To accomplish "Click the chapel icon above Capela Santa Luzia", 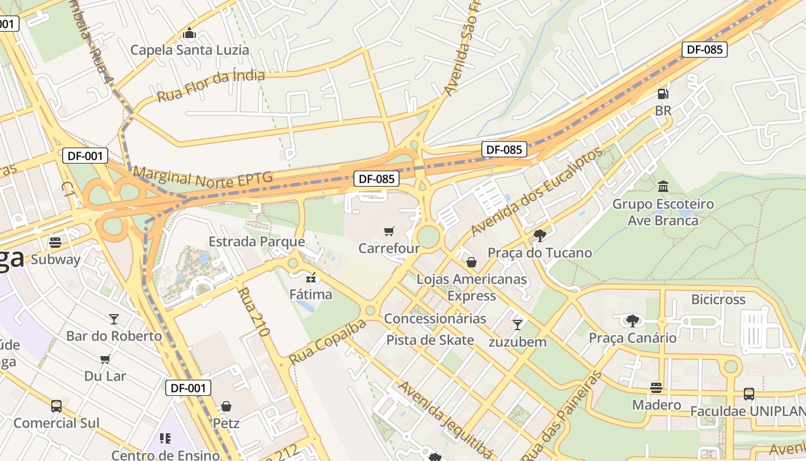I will point(189,33).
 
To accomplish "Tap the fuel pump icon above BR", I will point(663,93).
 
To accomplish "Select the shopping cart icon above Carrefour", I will point(389,232).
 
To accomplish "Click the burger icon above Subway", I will point(55,243).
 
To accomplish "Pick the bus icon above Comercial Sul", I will point(56,406).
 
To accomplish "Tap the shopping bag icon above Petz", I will point(226,406).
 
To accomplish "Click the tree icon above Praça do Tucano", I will point(539,235).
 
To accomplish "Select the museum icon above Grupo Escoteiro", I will point(663,187).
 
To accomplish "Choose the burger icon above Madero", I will point(656,388).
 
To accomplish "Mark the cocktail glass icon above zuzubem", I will point(518,325).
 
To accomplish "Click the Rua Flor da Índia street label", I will point(211,85).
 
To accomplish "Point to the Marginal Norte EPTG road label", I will point(203,176).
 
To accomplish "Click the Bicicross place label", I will point(718,300).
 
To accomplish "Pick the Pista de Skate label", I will point(430,340).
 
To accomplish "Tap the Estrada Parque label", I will point(256,241).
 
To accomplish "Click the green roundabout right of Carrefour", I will point(428,237).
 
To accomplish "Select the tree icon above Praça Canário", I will point(632,320).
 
